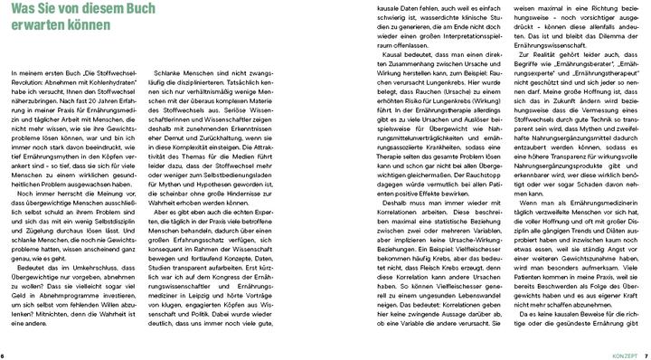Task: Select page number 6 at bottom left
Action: coord(5,354)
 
